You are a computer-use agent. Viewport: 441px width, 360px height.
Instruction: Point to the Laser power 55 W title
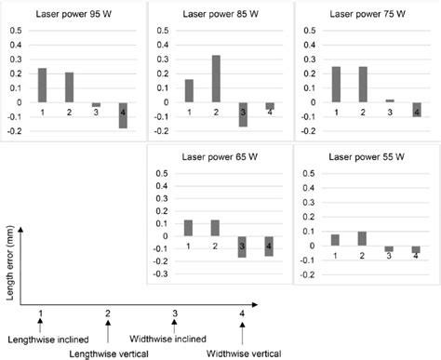365,158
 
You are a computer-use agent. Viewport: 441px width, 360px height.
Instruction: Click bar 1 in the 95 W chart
42,86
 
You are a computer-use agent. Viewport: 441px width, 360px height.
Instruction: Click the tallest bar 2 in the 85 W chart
216,79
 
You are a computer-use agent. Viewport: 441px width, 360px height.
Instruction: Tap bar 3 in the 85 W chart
243,113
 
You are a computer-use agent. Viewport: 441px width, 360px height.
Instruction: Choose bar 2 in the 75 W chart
364,85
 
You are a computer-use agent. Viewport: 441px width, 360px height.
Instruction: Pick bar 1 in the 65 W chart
189,228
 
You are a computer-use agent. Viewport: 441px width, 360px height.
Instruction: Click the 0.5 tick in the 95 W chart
14,31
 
